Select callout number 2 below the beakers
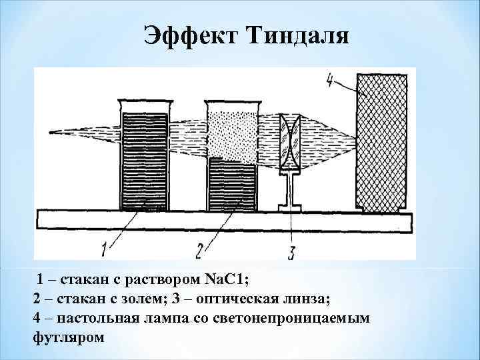[199, 249]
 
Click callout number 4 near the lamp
[331, 80]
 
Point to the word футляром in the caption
[69, 337]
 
